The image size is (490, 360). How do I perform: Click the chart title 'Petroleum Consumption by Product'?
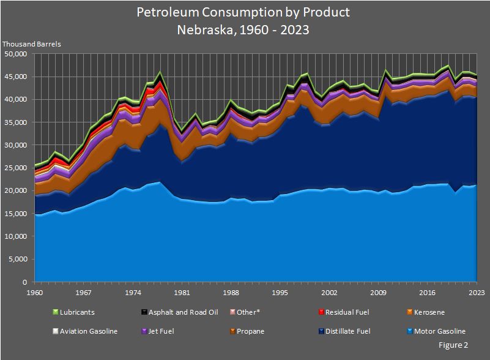point(243,12)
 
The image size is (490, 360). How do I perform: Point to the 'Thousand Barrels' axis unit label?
point(32,44)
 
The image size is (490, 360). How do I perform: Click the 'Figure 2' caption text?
point(453,345)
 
